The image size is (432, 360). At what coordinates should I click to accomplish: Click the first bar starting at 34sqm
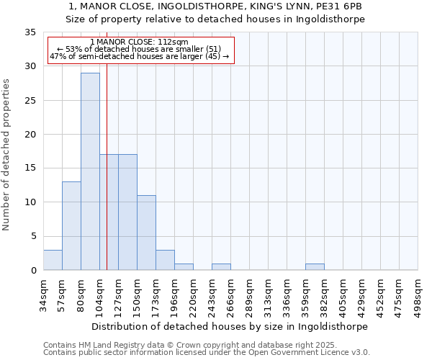[x=53, y=260]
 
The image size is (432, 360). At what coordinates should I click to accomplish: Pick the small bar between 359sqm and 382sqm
[x=315, y=266]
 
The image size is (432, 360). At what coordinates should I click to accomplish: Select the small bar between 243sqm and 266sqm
[x=221, y=266]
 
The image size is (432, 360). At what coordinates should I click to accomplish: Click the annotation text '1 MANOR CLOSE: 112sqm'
[x=140, y=42]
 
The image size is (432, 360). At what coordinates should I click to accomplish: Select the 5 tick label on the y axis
[x=32, y=236]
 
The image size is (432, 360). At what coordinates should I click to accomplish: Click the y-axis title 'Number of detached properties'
[x=6, y=155]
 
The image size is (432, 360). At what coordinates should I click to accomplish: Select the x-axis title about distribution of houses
[x=230, y=326]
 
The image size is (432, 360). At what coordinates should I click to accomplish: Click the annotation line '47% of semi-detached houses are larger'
[x=140, y=56]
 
